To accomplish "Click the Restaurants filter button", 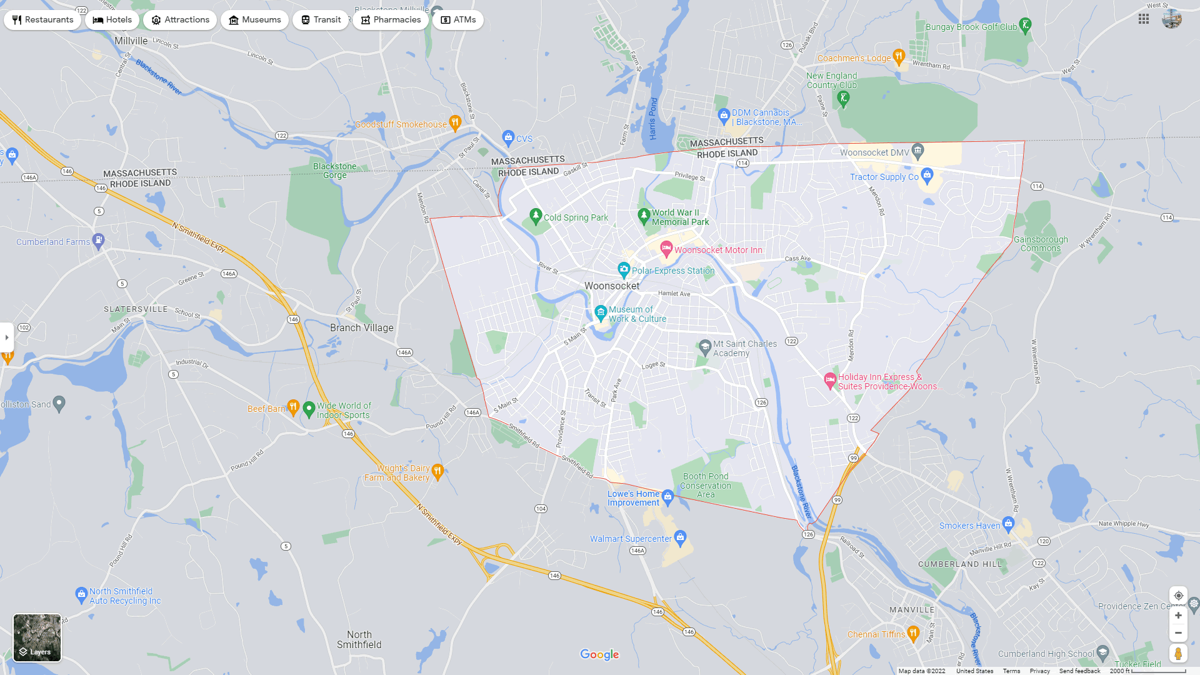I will pos(42,20).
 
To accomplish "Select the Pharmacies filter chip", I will pos(390,20).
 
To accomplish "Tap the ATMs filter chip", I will pos(458,20).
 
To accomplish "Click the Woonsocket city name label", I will pos(611,286).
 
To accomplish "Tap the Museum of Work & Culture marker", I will pos(601,312).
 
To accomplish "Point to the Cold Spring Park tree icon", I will pos(535,216).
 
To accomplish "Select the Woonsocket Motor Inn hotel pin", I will pos(666,249).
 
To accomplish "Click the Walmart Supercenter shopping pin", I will pos(680,537).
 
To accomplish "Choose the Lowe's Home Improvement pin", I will pos(667,497).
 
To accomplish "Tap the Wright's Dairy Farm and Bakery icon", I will pos(437,471).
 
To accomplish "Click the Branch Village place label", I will pos(361,327).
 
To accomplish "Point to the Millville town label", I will pos(131,41).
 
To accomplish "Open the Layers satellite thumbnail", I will pos(37,637).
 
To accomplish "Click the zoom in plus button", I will pos(1178,616).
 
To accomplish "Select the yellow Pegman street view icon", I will pos(1178,653).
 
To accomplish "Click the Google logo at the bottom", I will pos(599,654).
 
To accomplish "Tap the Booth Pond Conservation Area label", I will pos(706,485).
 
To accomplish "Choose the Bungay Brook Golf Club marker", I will pos(1024,25).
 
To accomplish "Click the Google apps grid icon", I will pos(1144,19).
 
